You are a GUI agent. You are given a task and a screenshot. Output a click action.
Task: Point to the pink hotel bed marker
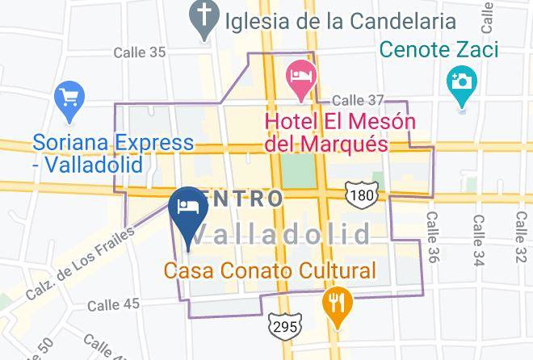pos(300,77)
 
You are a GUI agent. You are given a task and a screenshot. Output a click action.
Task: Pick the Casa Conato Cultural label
pos(271,271)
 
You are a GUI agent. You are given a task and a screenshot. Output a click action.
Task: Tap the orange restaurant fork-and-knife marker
pos(336,304)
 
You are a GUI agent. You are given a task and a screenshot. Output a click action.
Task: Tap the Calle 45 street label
pos(113,304)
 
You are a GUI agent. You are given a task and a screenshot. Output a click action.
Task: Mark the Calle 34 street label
pos(480,237)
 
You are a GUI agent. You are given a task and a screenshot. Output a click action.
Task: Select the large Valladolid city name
pos(283,235)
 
